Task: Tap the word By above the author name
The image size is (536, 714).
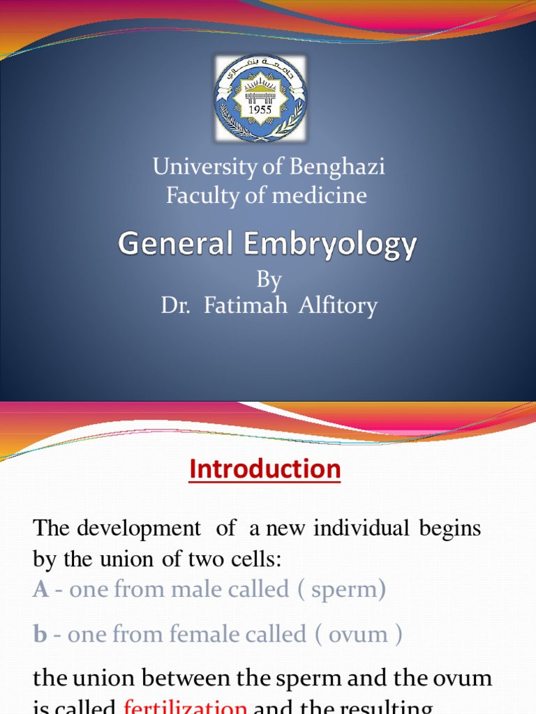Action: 269,280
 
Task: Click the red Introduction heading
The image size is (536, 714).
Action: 265,469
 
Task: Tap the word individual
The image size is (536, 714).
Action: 361,529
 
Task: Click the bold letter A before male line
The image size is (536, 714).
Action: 41,590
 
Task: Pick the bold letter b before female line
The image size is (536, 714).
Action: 40,635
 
